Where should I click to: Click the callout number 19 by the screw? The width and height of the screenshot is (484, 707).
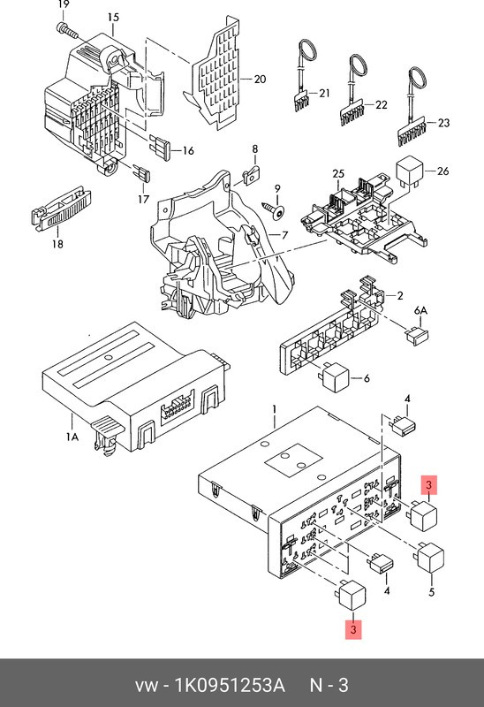(62, 7)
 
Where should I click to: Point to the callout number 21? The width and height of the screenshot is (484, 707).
(323, 93)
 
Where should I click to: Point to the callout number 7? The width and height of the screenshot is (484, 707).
(284, 235)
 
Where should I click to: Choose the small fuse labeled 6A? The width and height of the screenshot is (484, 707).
(414, 335)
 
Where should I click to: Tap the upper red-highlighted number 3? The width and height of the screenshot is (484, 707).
(427, 485)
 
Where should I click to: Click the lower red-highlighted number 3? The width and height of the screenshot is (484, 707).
(353, 630)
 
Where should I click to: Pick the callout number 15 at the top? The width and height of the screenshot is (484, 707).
(113, 17)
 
